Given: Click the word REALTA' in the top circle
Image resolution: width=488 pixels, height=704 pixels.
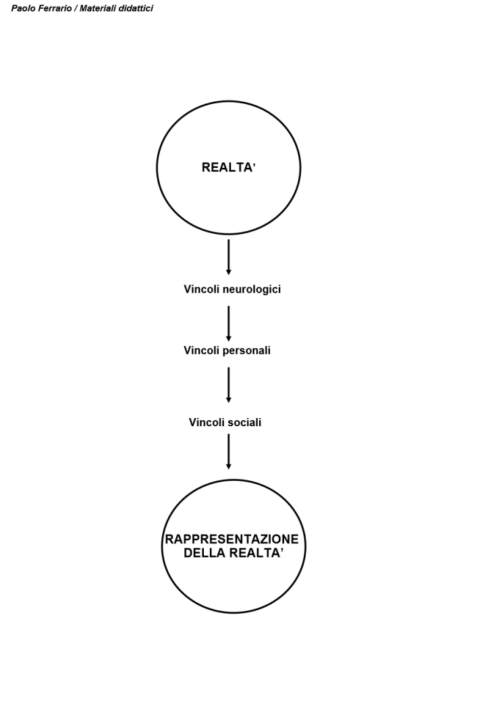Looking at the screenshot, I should click(x=228, y=168).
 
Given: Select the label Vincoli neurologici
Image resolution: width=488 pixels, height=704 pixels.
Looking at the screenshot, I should click(x=232, y=289).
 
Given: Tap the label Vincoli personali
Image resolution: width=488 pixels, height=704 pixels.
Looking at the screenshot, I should click(x=227, y=351).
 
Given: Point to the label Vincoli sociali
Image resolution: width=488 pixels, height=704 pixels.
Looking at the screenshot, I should click(x=225, y=423).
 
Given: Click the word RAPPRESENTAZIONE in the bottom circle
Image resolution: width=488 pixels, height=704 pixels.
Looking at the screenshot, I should click(x=232, y=540).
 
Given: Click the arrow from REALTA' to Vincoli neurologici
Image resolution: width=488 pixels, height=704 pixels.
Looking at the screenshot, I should click(x=229, y=257).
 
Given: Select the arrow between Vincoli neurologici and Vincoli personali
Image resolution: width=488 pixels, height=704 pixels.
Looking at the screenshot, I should click(x=229, y=323).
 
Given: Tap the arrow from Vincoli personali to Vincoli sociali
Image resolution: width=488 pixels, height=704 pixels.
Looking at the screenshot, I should click(x=229, y=385).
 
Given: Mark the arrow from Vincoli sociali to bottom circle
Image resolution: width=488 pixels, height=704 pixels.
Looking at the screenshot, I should click(x=229, y=451).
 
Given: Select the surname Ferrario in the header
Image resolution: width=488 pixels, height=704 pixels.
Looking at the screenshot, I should click(x=55, y=9).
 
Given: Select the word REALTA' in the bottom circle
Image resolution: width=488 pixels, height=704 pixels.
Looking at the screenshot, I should click(x=256, y=554).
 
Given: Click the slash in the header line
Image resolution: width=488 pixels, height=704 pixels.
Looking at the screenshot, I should click(x=76, y=9).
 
